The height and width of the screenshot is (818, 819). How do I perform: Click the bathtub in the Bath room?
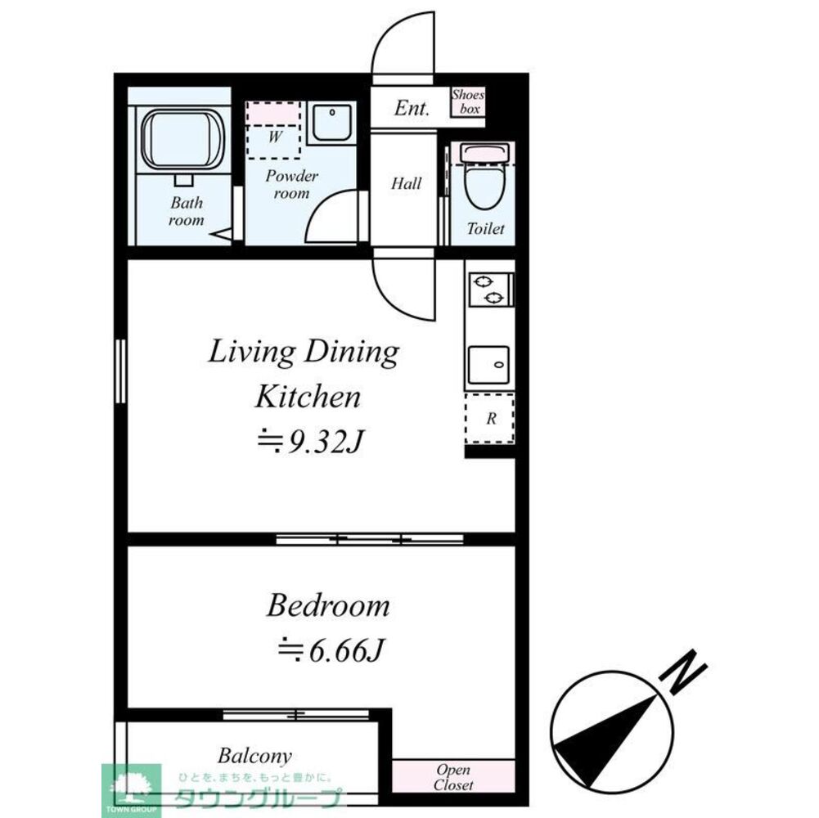click(183, 138)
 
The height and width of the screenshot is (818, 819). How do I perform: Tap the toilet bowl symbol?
click(484, 178)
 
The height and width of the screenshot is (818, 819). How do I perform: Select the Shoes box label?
click(468, 101)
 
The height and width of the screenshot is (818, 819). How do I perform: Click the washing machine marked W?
click(274, 130)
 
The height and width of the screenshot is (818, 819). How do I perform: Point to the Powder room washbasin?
click(331, 123)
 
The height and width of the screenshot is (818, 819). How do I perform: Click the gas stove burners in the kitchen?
click(490, 290)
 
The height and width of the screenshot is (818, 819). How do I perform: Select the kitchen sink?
click(488, 365)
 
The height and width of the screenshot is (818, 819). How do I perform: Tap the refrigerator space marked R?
click(490, 418)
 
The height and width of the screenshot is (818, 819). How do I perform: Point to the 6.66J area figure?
click(331, 651)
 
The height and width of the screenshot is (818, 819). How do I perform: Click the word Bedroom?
click(328, 606)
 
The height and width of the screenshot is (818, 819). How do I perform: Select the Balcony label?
click(254, 756)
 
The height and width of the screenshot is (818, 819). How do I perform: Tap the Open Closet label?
click(452, 777)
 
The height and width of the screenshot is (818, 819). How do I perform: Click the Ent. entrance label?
click(412, 108)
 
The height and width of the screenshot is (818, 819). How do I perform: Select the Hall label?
click(406, 183)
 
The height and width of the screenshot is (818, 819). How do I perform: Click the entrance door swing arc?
click(385, 30)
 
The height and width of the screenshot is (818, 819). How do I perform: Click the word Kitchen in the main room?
click(308, 397)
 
